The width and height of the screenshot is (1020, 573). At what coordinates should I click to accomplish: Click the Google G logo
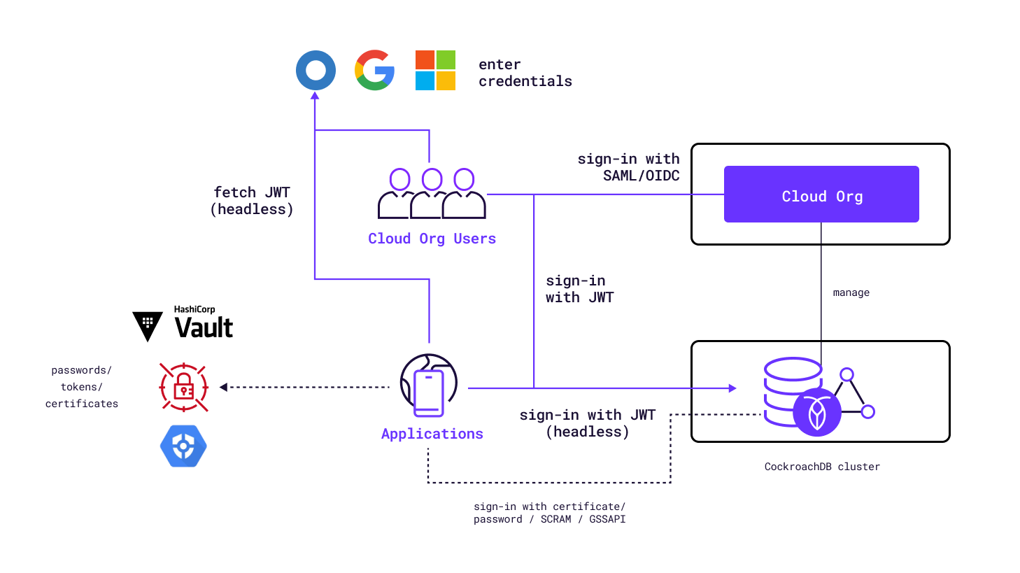coord(374,70)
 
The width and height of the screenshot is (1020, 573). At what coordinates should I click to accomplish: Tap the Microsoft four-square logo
coord(435,70)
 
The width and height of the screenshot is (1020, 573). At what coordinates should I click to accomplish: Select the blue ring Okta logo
coord(316,70)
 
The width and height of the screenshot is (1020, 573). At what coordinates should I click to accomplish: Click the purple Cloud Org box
coord(821,194)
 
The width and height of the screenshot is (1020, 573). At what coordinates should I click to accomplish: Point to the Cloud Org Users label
coord(432,239)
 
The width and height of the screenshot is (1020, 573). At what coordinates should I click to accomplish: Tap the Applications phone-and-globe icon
coord(429,385)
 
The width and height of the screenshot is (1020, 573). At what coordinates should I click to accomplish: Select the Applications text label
coord(432,434)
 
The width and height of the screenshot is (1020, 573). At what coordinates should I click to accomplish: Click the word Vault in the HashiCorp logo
coord(204,328)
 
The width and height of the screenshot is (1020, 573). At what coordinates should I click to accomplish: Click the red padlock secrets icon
coord(183,387)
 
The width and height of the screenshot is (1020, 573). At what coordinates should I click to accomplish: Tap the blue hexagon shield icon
coord(183,446)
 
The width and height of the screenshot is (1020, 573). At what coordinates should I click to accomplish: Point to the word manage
coord(851,292)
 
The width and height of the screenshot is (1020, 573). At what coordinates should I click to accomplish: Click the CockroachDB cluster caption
coord(822,467)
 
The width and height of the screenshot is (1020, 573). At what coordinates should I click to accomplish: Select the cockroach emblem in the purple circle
coord(816,413)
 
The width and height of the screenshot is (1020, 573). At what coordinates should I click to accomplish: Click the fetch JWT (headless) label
coord(252,201)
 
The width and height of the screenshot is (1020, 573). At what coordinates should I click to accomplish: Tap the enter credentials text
coord(525,73)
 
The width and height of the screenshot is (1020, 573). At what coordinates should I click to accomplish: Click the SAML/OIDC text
coord(641,176)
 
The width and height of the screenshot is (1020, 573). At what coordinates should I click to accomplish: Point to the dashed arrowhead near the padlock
coord(223,387)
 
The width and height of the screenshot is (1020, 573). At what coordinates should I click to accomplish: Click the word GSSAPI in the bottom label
coord(607,519)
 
